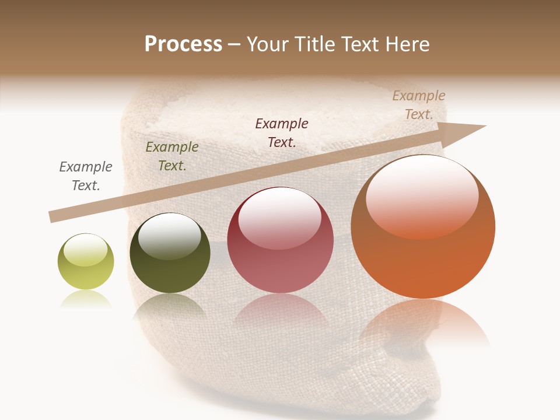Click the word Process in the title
(x=183, y=44)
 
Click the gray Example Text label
(x=86, y=176)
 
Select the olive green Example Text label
(x=172, y=156)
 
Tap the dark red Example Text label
(x=282, y=132)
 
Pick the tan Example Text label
(x=419, y=105)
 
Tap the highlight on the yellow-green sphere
(x=85, y=250)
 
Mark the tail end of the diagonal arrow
(x=52, y=216)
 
